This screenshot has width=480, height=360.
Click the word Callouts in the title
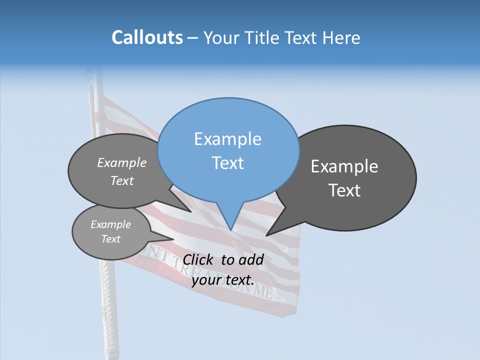pos(147,37)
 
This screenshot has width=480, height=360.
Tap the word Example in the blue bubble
pos(227,139)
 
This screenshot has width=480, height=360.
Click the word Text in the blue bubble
pos(227,163)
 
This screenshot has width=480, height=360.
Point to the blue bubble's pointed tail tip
pos(230,230)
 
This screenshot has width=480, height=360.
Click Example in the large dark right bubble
pos(344,166)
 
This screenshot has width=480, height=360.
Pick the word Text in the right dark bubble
pos(344,190)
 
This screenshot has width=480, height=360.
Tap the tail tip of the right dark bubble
pos(266,235)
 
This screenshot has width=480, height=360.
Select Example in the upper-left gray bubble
pos(122,163)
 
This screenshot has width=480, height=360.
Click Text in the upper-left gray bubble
pos(122,181)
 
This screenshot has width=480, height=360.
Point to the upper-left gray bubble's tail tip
pos(191,211)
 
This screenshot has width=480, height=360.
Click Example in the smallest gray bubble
pos(110,224)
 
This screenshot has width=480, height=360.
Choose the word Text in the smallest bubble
pos(110,239)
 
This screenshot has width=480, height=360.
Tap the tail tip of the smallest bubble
pos(174,239)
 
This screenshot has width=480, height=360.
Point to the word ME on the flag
pos(263,290)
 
